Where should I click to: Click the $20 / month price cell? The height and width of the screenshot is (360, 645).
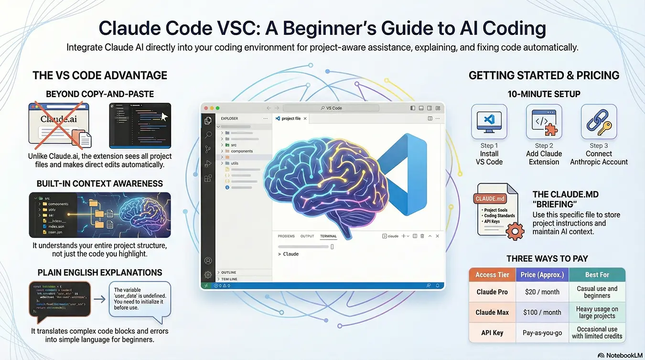[x=542, y=292]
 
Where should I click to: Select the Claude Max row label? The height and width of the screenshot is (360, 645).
[x=492, y=312]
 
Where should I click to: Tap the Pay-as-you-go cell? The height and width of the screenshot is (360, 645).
[x=542, y=332]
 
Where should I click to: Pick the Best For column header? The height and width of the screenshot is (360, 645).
[x=597, y=275]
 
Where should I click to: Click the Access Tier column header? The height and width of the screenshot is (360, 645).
[x=492, y=275]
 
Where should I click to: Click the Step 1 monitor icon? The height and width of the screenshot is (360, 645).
[x=489, y=122]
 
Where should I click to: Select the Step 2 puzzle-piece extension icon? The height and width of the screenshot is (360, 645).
[x=544, y=122]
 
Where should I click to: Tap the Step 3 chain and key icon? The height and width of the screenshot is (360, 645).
[x=599, y=122]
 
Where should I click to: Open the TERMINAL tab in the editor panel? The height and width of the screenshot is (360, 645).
[x=328, y=236]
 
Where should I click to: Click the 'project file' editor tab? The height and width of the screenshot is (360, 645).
[x=291, y=119]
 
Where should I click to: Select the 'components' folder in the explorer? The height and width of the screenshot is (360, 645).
[x=242, y=151]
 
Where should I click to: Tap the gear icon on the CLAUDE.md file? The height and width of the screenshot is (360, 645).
[x=514, y=231]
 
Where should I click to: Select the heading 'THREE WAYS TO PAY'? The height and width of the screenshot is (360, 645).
[x=547, y=259]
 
